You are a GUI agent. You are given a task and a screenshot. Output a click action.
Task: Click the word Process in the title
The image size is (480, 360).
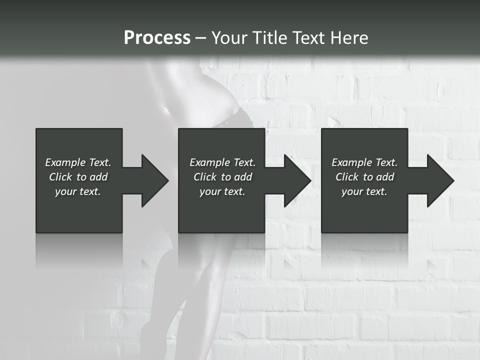click(157, 38)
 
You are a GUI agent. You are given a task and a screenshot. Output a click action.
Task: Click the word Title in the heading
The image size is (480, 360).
click(268, 38)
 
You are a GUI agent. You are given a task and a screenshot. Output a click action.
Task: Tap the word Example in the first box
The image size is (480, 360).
click(65, 162)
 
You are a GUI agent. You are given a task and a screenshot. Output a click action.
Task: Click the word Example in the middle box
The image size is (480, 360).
click(209, 162)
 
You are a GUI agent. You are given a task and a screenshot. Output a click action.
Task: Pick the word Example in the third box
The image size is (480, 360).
click(351, 162)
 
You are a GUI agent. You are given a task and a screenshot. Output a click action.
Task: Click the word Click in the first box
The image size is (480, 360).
click(60, 177)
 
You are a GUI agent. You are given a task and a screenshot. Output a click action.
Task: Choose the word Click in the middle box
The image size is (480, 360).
click(205, 177)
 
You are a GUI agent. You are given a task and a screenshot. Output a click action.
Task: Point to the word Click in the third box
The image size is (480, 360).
click(347, 177)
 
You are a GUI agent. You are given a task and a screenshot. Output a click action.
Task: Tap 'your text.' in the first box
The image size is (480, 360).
click(78, 191)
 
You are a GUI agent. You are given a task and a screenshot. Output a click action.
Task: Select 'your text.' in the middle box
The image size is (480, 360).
click(222, 191)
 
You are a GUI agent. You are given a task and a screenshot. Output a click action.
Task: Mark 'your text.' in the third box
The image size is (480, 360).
click(364, 191)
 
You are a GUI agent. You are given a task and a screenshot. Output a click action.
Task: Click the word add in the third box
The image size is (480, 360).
click(384, 177)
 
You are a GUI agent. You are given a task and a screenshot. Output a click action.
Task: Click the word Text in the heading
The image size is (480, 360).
click(308, 38)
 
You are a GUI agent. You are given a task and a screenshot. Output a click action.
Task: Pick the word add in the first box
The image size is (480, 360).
click(98, 177)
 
